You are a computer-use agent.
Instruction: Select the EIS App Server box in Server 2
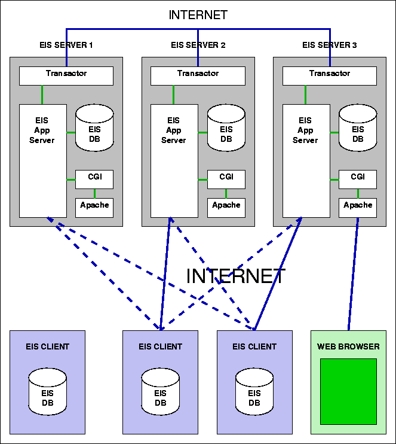pyautogui.click(x=174, y=160)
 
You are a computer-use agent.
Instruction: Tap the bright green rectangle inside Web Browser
pyautogui.click(x=348, y=391)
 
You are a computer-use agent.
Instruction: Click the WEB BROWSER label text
pyautogui.click(x=348, y=346)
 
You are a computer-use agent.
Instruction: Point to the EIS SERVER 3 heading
pyautogui.click(x=329, y=45)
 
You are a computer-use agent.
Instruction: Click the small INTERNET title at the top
pyautogui.click(x=198, y=15)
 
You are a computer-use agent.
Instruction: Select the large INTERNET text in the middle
pyautogui.click(x=236, y=276)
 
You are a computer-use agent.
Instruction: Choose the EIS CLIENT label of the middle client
pyautogui.click(x=160, y=346)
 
